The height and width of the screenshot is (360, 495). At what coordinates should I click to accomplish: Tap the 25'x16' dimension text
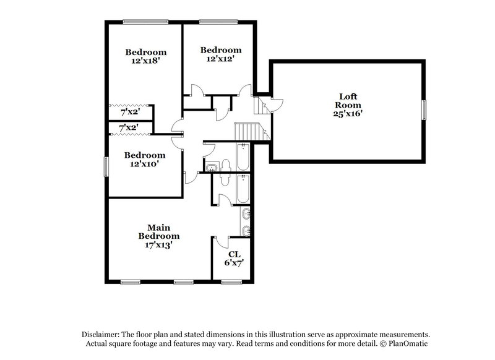[348, 114]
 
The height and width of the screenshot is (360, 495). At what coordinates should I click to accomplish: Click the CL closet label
[235, 254]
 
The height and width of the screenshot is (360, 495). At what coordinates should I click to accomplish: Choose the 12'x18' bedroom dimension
[145, 61]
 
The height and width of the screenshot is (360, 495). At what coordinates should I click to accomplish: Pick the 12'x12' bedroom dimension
[220, 59]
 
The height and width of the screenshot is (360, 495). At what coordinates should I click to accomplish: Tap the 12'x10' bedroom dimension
[145, 165]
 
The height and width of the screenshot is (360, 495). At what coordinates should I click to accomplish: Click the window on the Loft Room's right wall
[424, 110]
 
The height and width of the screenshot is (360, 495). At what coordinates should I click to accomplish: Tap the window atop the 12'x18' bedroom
[145, 22]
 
